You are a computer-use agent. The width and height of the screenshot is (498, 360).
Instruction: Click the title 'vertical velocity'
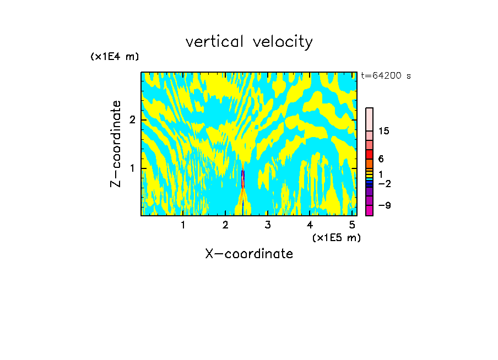(249, 42)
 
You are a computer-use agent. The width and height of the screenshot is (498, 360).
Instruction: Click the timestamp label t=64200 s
(386, 76)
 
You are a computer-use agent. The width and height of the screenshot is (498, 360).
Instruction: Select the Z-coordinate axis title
(116, 144)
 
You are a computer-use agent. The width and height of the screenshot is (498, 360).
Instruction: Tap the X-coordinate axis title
(249, 254)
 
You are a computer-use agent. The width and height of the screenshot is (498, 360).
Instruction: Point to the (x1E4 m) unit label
(115, 57)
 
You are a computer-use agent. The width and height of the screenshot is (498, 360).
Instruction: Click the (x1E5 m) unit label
(336, 237)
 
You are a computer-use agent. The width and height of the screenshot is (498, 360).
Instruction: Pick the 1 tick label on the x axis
(183, 225)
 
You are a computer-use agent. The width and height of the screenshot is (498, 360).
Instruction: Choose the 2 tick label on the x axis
(225, 225)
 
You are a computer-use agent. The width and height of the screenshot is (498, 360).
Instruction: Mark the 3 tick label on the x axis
(267, 225)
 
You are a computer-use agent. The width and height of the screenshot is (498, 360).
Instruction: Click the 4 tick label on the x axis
(310, 225)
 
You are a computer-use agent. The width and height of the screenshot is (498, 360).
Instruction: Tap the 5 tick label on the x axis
(352, 225)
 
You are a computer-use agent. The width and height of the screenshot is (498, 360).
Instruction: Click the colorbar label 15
(384, 131)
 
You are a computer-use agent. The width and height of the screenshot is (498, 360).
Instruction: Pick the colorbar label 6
(381, 159)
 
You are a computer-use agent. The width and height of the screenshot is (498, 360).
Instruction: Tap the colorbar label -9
(384, 205)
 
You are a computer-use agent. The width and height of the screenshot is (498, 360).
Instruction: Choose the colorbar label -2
(384, 183)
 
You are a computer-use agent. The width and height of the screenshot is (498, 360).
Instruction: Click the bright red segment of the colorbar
(369, 154)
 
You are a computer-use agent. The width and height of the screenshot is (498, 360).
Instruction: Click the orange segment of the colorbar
(369, 163)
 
